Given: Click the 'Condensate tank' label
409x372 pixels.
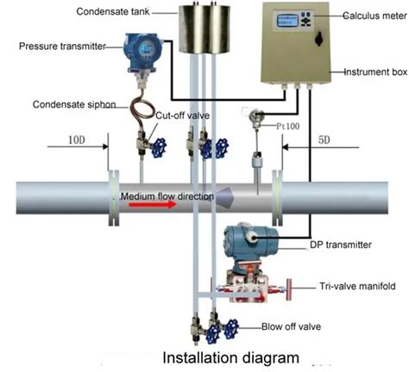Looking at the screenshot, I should [x=112, y=12].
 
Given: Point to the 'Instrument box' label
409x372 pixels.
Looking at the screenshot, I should [x=374, y=72].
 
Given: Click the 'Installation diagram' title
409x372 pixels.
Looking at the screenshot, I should [x=230, y=356].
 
